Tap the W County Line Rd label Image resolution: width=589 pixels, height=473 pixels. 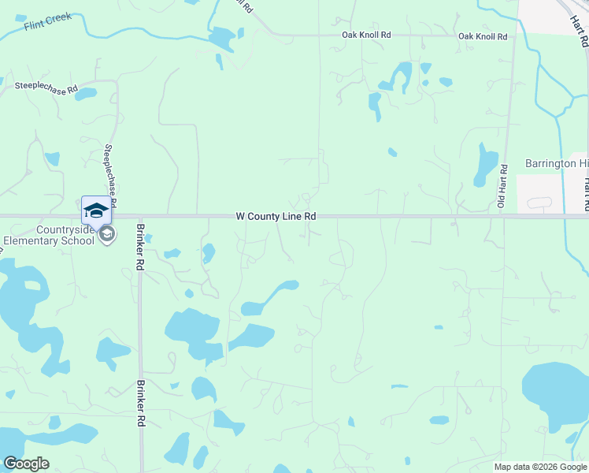[x=276, y=216]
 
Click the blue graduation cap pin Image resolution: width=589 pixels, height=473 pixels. [x=96, y=210]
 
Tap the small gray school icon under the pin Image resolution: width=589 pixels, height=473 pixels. [x=107, y=233]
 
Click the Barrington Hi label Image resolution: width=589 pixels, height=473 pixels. [x=556, y=163]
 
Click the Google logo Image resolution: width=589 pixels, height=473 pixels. [x=26, y=464]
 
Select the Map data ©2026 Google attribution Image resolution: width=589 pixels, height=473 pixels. [x=540, y=467]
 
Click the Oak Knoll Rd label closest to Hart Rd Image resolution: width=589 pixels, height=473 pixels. [x=483, y=36]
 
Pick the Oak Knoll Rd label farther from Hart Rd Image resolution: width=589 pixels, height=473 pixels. [x=366, y=35]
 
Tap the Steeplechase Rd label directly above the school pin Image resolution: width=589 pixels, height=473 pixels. [x=110, y=175]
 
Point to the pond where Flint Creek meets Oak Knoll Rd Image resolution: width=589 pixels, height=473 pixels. [x=222, y=38]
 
